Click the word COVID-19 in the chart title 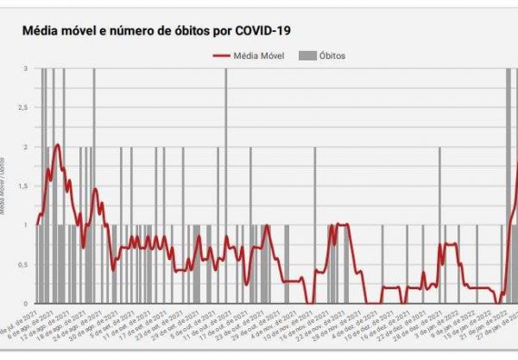tap(261, 30)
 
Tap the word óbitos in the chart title tap(184, 30)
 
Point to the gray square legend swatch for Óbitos tap(306, 56)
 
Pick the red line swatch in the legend tap(224, 56)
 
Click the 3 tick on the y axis tap(26, 68)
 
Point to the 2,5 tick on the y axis tap(22, 108)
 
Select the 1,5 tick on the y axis tap(22, 186)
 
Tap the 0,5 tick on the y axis tap(22, 264)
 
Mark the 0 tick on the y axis tap(26, 303)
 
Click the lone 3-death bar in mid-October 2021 tap(226, 186)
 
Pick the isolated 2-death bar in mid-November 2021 tap(315, 224)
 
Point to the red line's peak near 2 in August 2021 tap(57, 145)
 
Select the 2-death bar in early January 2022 tap(439, 224)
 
